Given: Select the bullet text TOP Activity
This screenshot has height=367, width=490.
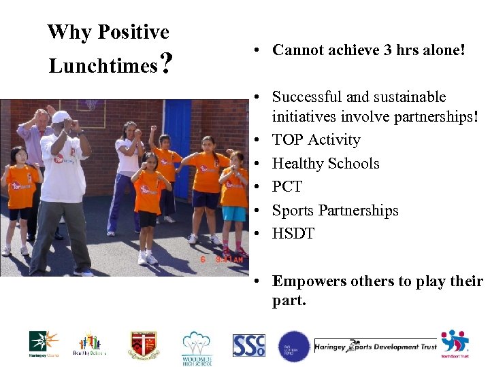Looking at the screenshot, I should [x=316, y=140].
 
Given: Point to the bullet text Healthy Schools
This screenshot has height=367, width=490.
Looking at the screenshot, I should [x=325, y=163].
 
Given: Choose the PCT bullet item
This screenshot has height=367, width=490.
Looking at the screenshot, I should [x=287, y=187].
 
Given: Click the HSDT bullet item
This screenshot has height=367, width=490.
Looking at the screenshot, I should [x=293, y=234].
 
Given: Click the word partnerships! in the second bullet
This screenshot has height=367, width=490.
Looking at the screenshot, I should [x=429, y=116].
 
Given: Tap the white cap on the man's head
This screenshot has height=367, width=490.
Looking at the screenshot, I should [x=61, y=116].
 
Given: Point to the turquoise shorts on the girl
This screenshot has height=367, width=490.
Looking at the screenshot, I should [x=234, y=214].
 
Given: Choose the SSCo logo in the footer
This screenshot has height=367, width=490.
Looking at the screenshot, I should [x=248, y=345].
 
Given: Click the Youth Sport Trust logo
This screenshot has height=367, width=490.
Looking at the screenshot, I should [x=455, y=344].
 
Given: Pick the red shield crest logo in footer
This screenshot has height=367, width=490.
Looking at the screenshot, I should [x=144, y=345].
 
